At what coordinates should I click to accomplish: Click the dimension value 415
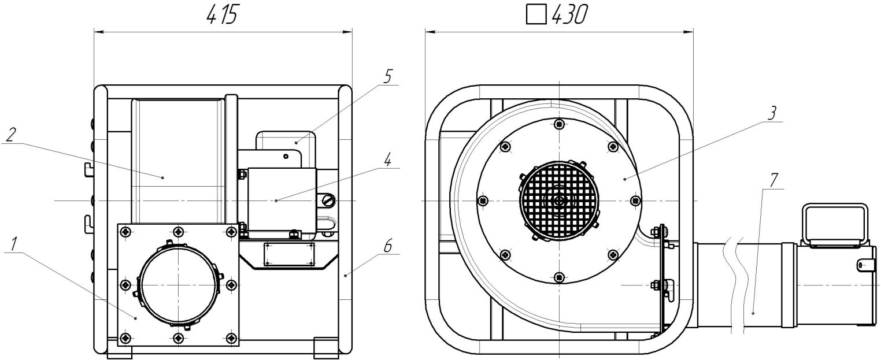point(223,16)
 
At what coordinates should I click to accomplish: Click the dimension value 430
point(569,16)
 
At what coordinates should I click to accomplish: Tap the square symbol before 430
point(536,16)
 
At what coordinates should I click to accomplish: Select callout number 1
point(13,244)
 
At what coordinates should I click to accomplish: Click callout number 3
point(772,113)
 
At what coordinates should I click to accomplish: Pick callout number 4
point(388,159)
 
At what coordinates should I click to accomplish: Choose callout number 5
point(387,77)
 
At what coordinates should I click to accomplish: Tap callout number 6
point(388,246)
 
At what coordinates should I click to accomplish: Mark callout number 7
point(773,180)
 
